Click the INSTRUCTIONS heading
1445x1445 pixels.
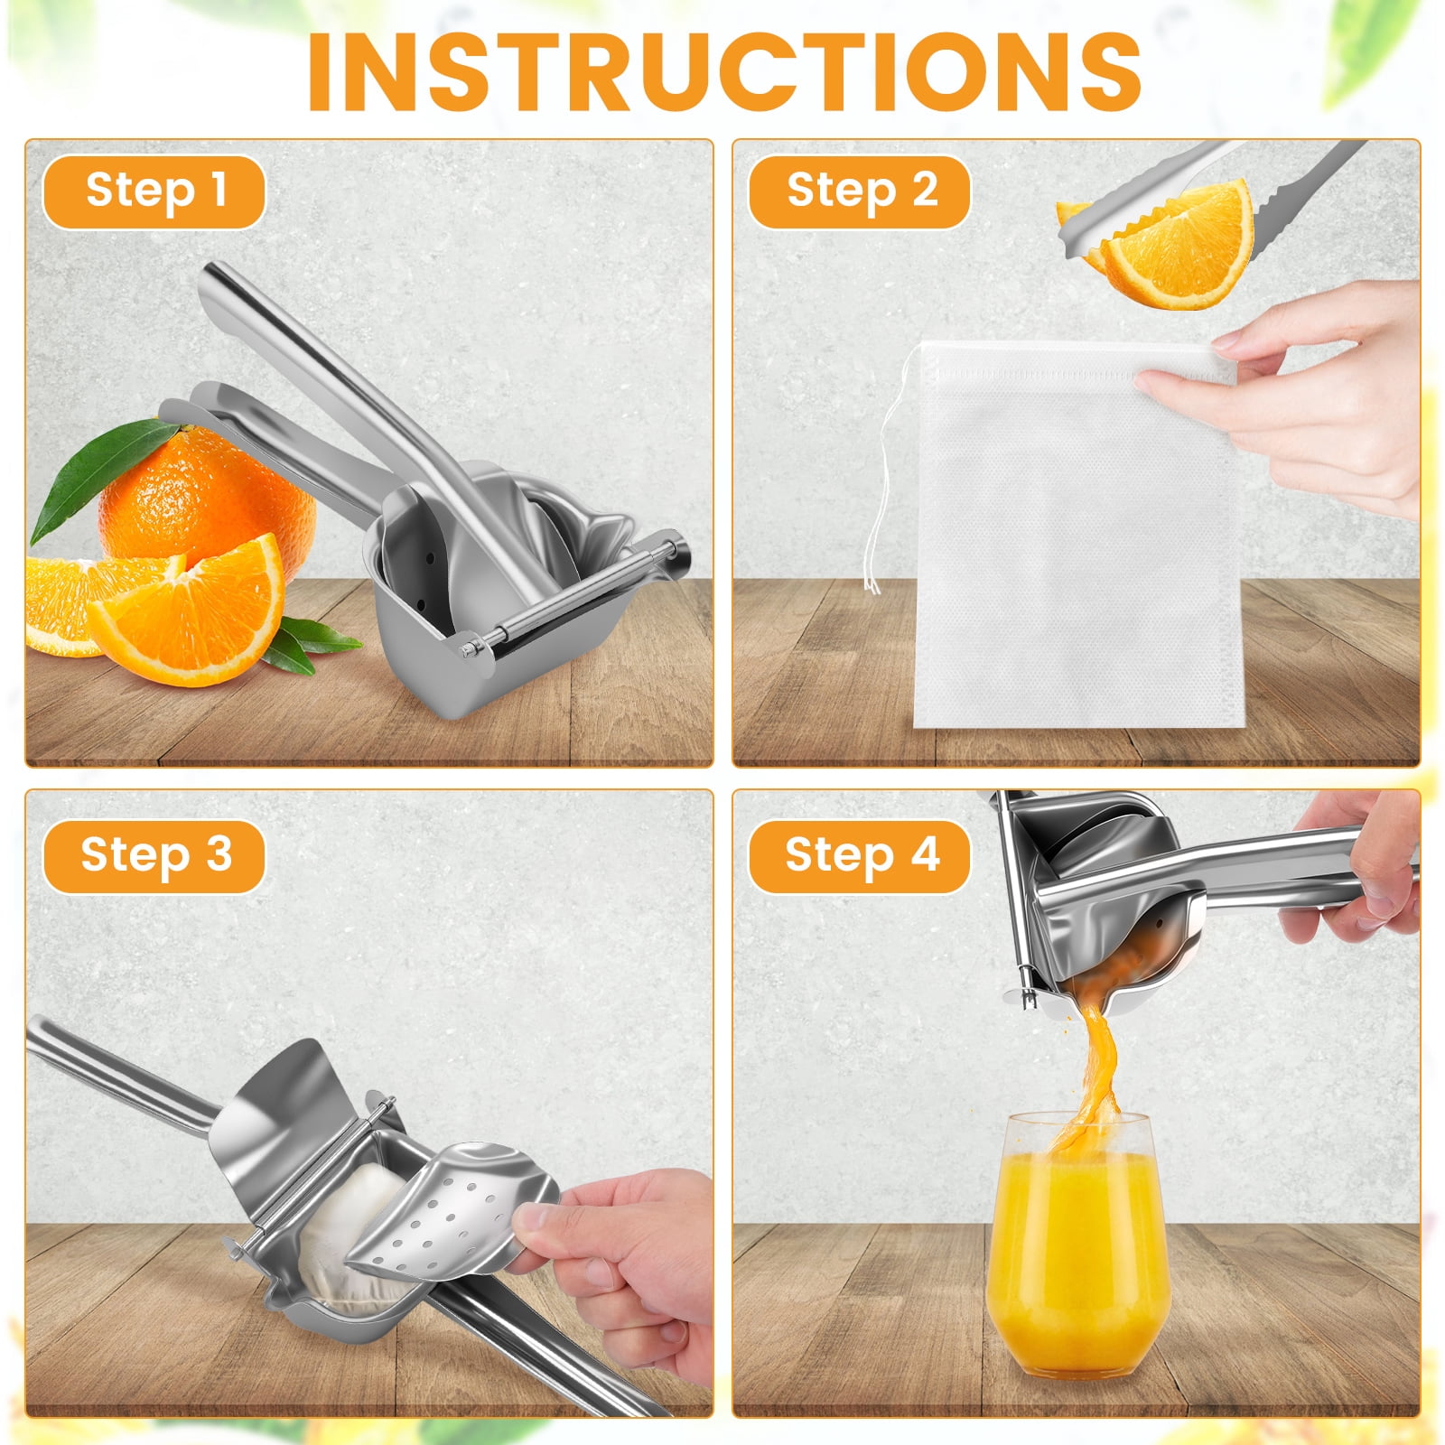point(724,71)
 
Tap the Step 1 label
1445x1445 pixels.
point(154,191)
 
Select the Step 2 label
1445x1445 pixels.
point(861,191)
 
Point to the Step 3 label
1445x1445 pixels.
point(154,856)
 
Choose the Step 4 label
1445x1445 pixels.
point(861,856)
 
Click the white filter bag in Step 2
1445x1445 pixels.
point(1075,533)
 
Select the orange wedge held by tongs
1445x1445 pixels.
point(1174,244)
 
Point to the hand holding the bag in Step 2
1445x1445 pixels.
point(1291,397)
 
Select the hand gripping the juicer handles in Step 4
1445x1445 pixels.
point(1355,867)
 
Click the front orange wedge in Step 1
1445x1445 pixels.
point(190,610)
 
